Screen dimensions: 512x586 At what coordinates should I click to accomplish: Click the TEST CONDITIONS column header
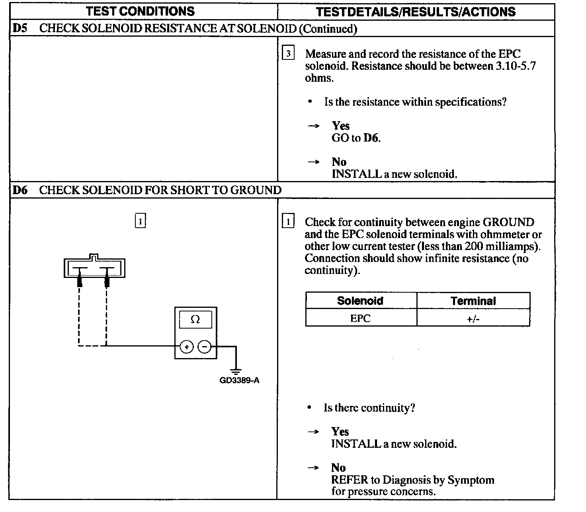coord(141,11)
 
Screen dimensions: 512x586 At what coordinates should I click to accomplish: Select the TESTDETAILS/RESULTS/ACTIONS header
coord(416,12)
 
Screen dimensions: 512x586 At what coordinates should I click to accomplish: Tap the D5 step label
coord(20,28)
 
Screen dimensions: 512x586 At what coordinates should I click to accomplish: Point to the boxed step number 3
coord(288,53)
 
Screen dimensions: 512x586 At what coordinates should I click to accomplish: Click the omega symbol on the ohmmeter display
coord(195,319)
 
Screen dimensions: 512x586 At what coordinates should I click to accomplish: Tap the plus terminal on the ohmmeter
coord(187,347)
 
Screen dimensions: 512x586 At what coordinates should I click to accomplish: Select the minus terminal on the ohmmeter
coord(205,347)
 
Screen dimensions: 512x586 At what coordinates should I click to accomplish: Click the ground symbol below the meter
coord(236,371)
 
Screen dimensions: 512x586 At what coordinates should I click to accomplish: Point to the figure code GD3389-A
coord(239,380)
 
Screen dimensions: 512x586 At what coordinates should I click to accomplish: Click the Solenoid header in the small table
coord(360,301)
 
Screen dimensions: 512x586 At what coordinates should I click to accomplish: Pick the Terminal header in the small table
coord(473,301)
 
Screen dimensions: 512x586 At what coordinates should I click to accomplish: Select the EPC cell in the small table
coord(360,318)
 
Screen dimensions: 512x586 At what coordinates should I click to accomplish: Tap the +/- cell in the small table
coord(473,319)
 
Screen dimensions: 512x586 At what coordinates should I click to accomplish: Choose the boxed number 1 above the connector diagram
coord(141,221)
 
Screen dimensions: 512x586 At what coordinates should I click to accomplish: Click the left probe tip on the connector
coord(80,281)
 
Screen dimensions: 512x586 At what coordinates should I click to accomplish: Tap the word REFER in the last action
coord(348,480)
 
